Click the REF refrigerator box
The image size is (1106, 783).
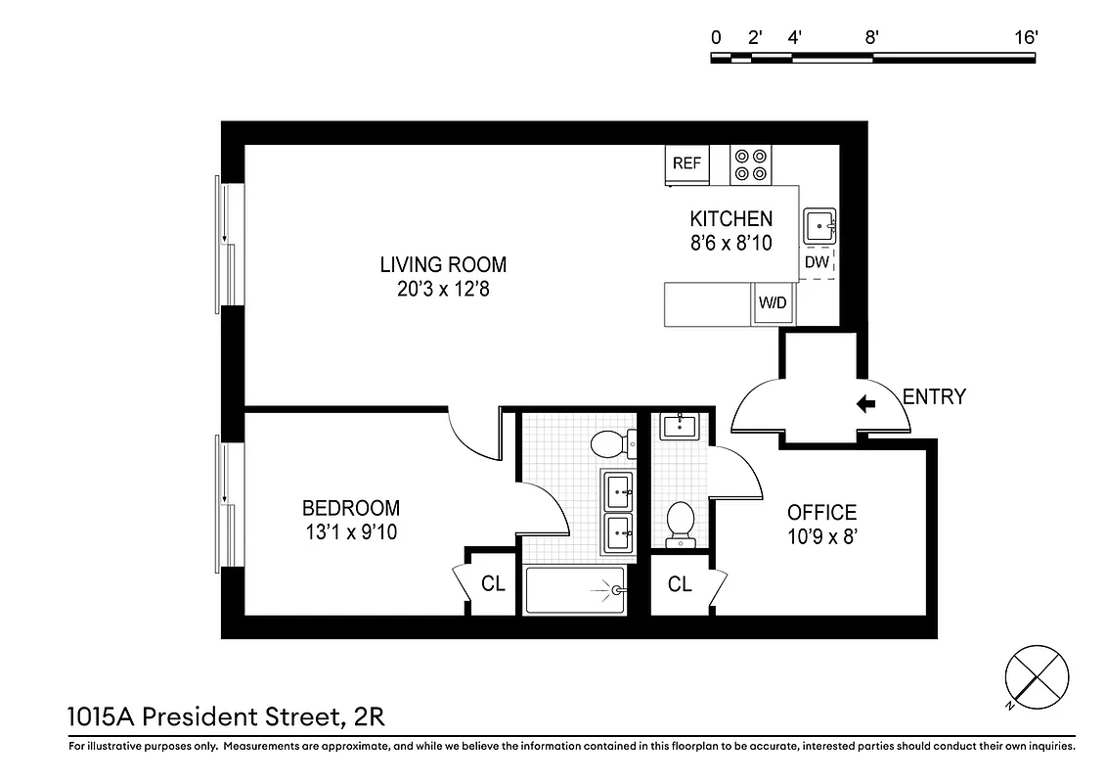tap(686, 164)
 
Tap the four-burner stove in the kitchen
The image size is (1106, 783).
tap(751, 164)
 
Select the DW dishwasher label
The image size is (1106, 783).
tap(817, 262)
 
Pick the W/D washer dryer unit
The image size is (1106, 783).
tap(774, 303)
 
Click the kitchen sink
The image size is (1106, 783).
tap(819, 227)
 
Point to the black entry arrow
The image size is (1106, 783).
tap(865, 402)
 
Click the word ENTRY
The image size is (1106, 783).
tap(933, 396)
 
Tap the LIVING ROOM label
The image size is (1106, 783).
tap(443, 264)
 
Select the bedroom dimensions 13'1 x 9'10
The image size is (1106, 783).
tap(350, 532)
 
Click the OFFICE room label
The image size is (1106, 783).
tap(821, 512)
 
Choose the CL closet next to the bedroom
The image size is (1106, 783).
tap(493, 583)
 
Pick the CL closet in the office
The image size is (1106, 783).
tap(680, 583)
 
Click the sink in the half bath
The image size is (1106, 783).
tap(679, 427)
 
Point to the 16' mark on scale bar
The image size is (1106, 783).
tap(1025, 38)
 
